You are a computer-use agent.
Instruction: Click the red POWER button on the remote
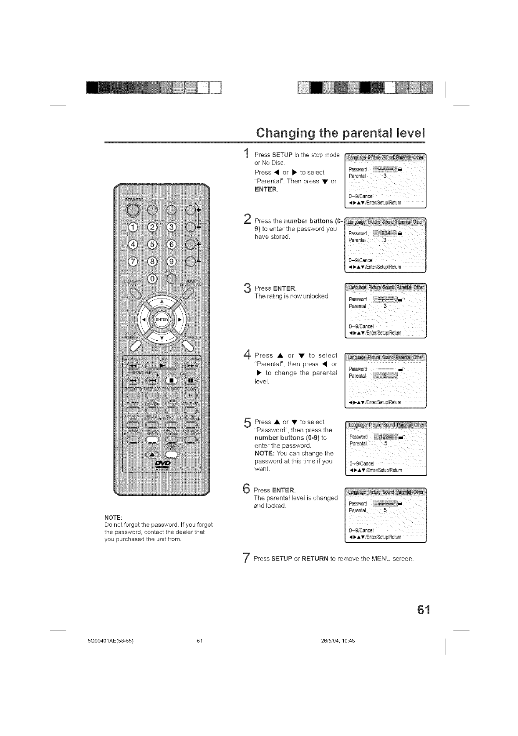(132, 211)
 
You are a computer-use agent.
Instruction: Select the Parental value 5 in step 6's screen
(385, 510)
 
